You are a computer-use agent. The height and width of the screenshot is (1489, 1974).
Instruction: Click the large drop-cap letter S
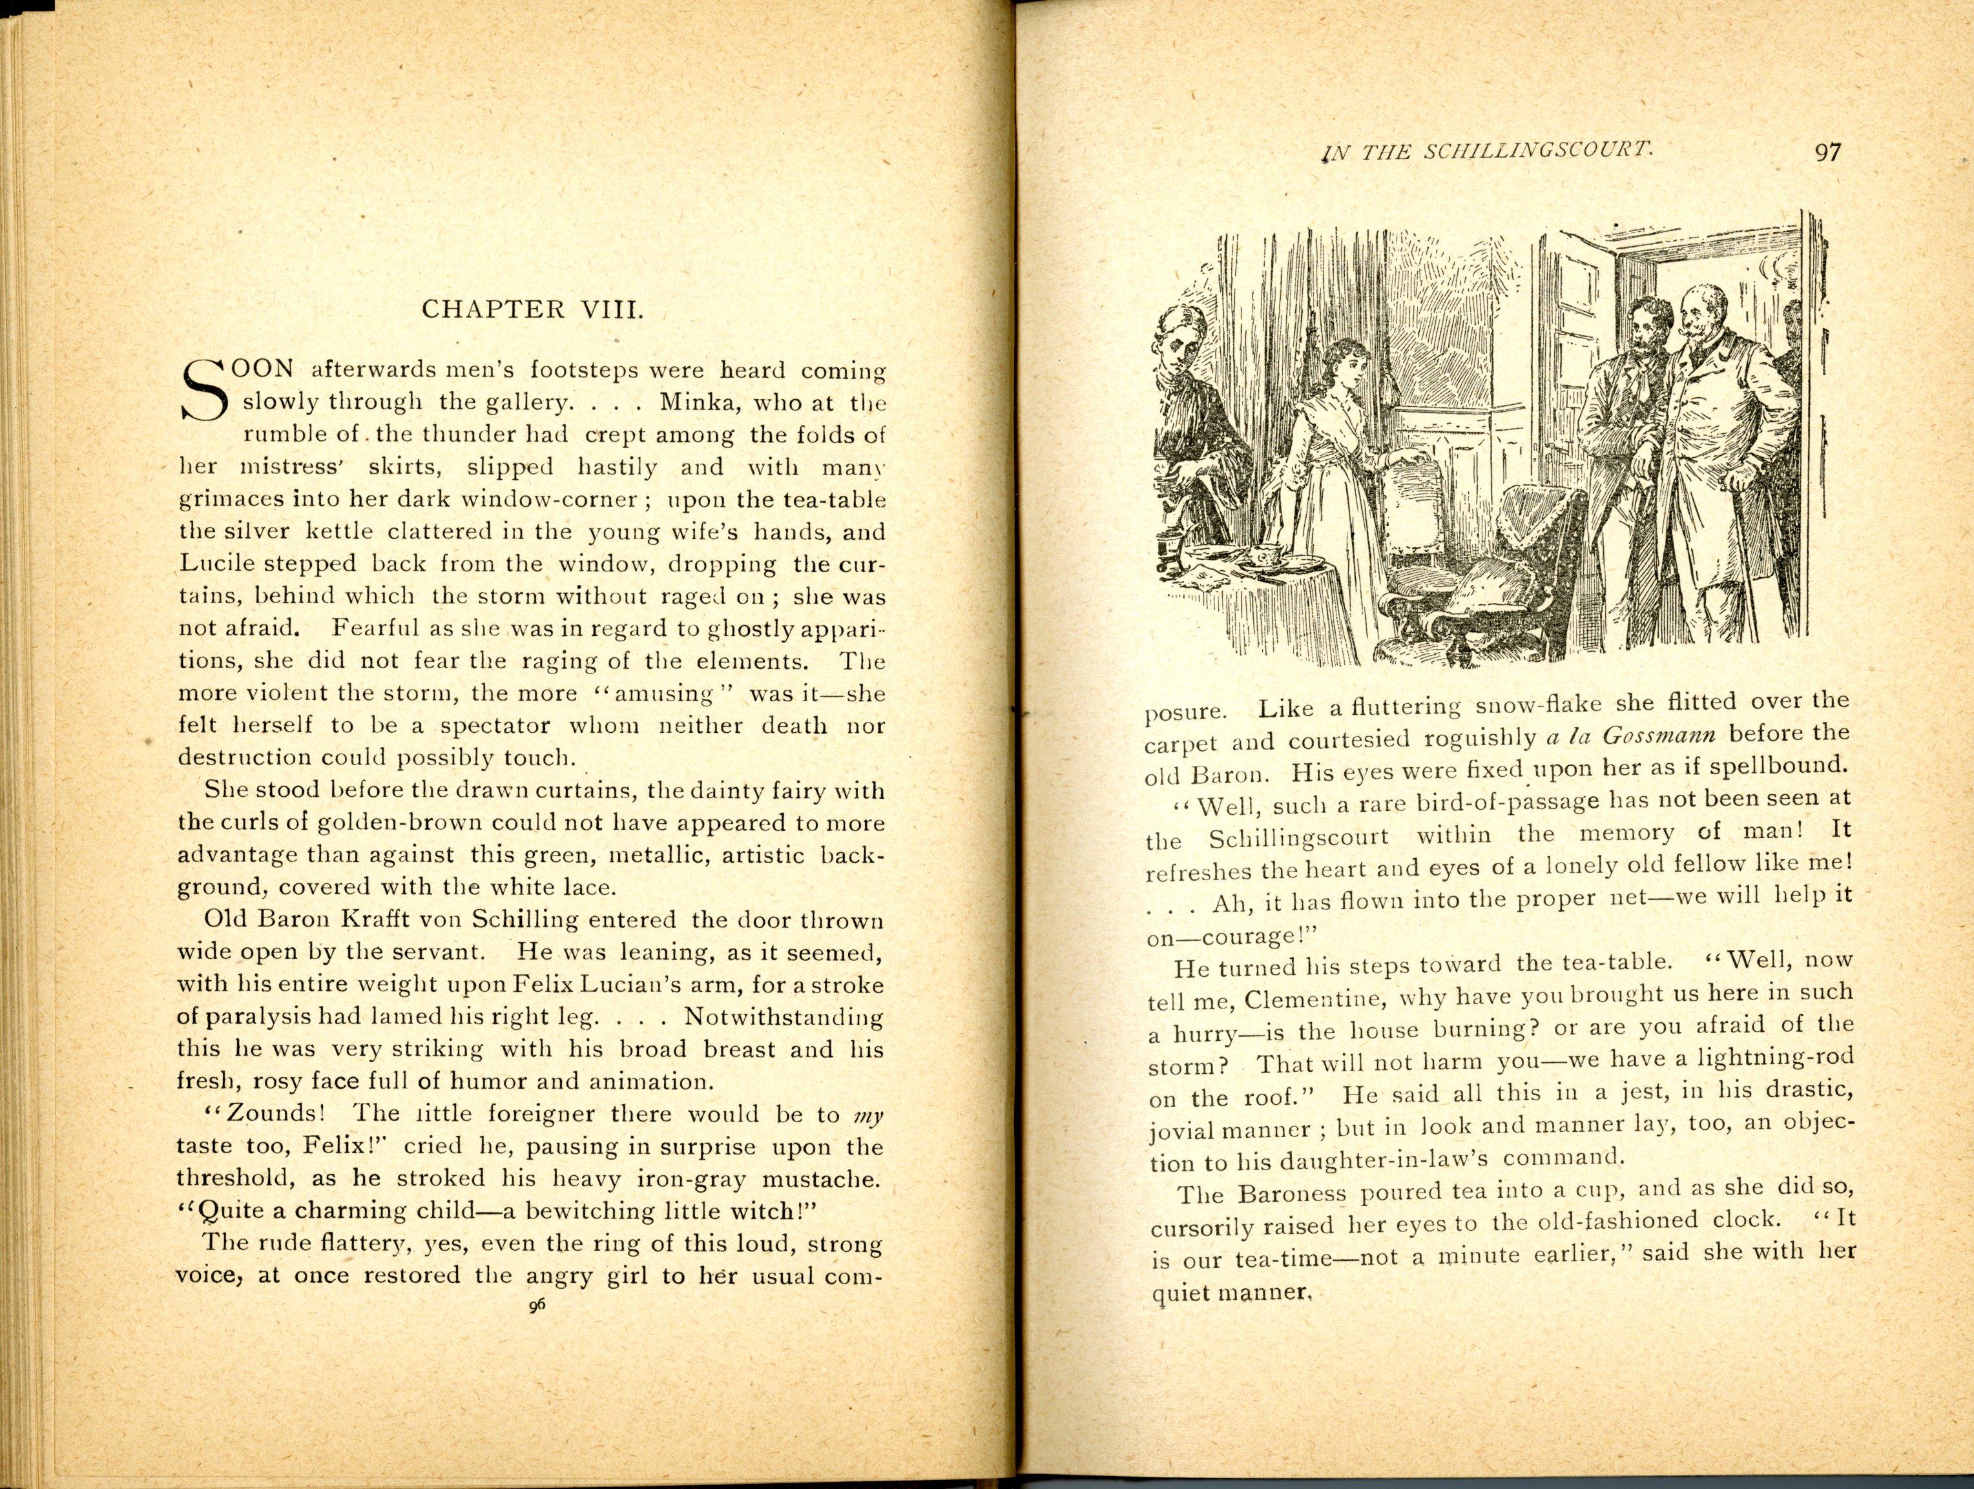coord(204,391)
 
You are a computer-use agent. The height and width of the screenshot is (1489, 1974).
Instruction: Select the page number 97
coord(1827,152)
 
